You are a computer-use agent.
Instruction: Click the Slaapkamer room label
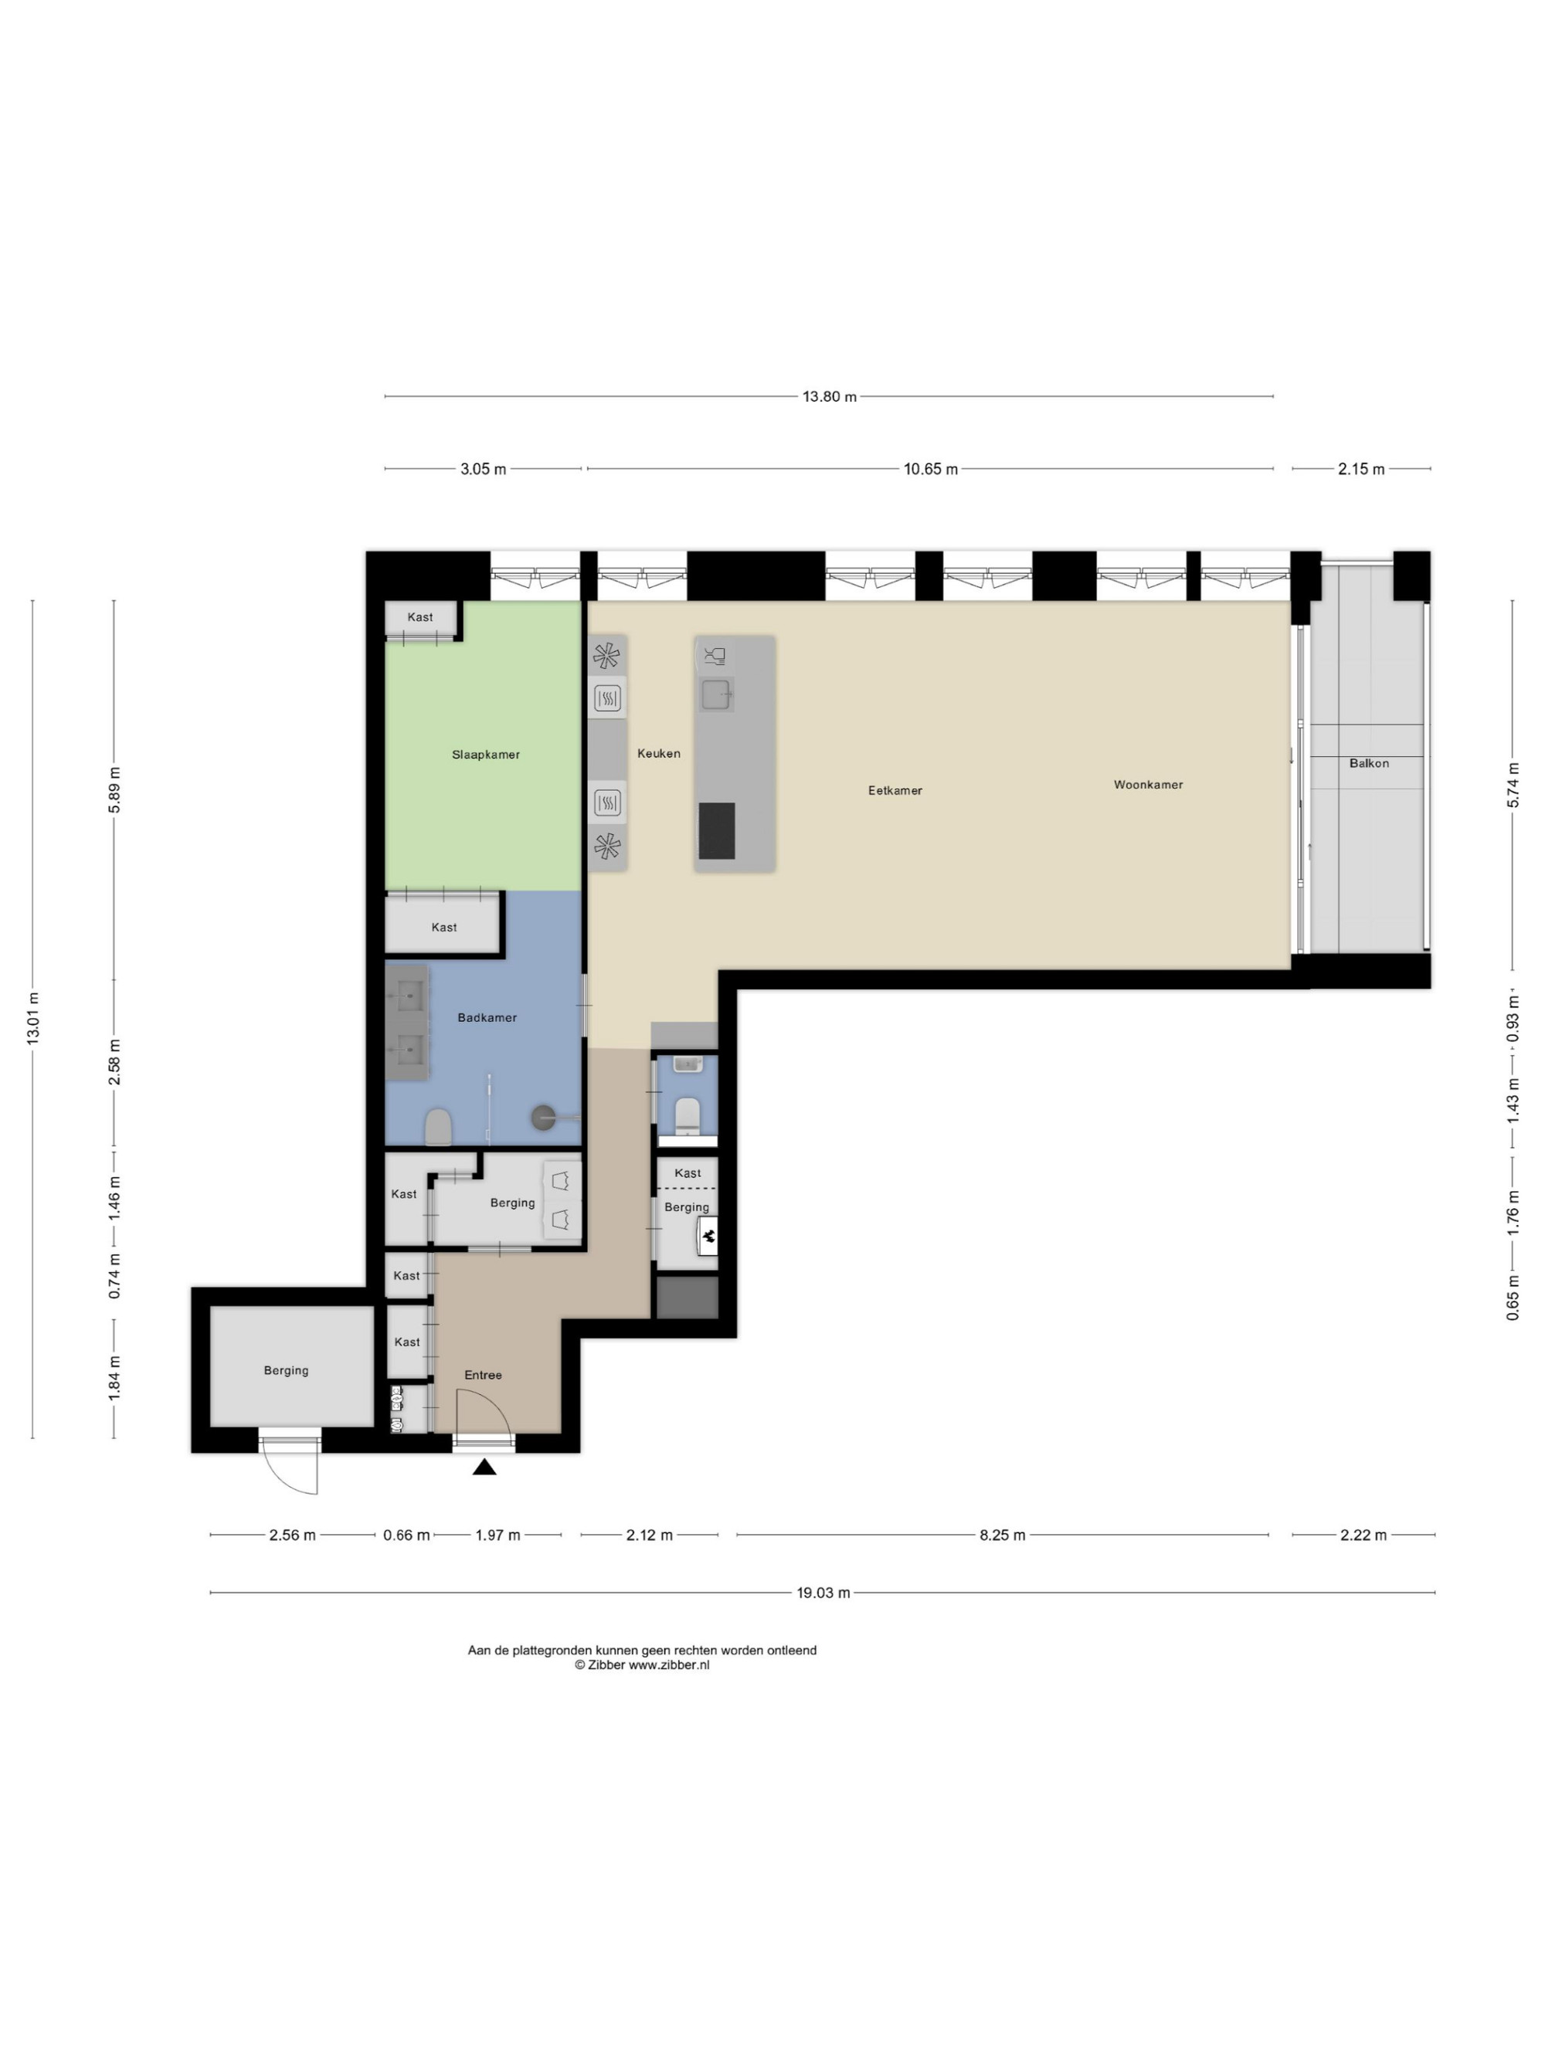(485, 755)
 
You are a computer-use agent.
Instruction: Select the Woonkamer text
(1148, 784)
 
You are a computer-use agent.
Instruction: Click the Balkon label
(1369, 762)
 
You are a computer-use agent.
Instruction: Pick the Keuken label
(658, 752)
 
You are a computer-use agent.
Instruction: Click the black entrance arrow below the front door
(484, 1467)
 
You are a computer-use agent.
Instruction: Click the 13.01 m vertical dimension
(33, 1018)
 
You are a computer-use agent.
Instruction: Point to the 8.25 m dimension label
(1002, 1535)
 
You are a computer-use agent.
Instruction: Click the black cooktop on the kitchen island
(717, 830)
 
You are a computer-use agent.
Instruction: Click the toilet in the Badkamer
(438, 1127)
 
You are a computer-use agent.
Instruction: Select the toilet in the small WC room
(688, 1114)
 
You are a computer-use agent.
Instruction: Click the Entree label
(484, 1375)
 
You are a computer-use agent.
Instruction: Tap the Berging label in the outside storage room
(286, 1370)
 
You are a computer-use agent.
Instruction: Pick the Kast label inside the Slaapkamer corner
(420, 616)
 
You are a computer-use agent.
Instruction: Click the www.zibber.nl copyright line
(642, 1665)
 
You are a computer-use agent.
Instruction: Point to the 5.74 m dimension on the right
(1513, 784)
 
